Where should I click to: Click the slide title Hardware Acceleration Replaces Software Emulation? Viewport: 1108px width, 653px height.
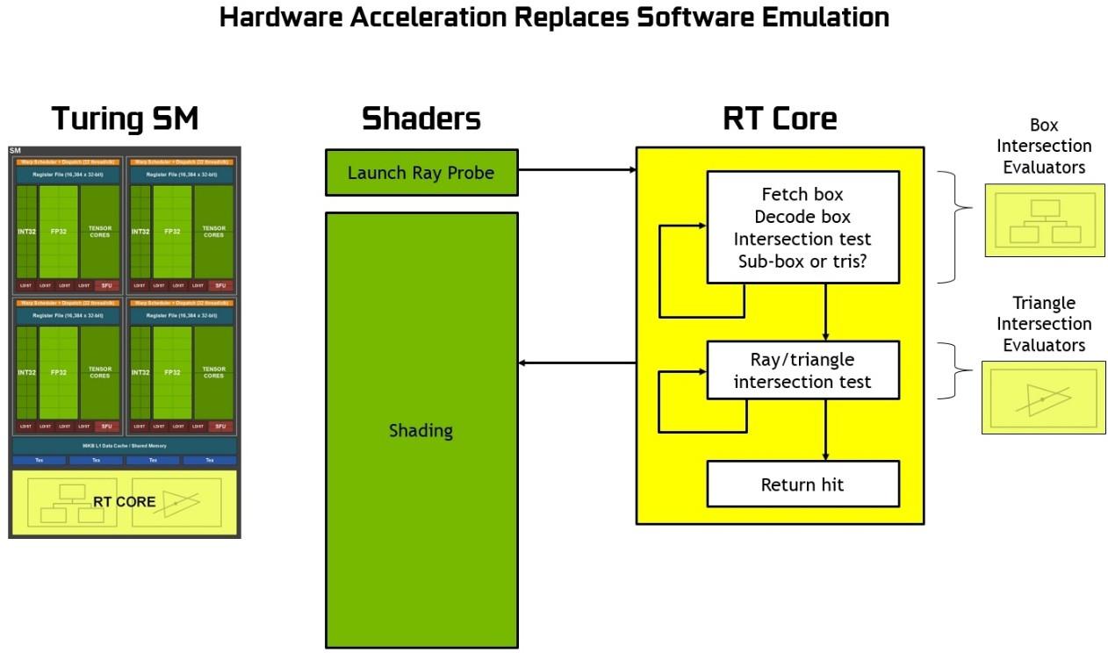554,17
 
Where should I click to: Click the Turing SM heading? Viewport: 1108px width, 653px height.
126,118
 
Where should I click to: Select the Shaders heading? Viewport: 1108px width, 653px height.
421,118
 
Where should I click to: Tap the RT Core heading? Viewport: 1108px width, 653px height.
780,118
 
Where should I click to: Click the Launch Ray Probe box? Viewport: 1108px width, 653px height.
421,172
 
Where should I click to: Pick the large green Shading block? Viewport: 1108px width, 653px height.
421,430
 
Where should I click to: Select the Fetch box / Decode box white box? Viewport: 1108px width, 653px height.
802,226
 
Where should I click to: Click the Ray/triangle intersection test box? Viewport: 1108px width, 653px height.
802,370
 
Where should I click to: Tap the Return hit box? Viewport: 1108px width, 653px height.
802,484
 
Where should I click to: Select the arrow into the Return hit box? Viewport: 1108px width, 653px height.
825,430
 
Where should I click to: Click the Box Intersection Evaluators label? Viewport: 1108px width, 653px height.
1044,147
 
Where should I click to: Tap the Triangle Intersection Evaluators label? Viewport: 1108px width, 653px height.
1044,324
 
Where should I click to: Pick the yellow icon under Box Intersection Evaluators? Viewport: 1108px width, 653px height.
1043,219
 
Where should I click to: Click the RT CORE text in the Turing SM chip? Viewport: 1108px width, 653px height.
124,502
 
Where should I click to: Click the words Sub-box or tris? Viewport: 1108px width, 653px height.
802,261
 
